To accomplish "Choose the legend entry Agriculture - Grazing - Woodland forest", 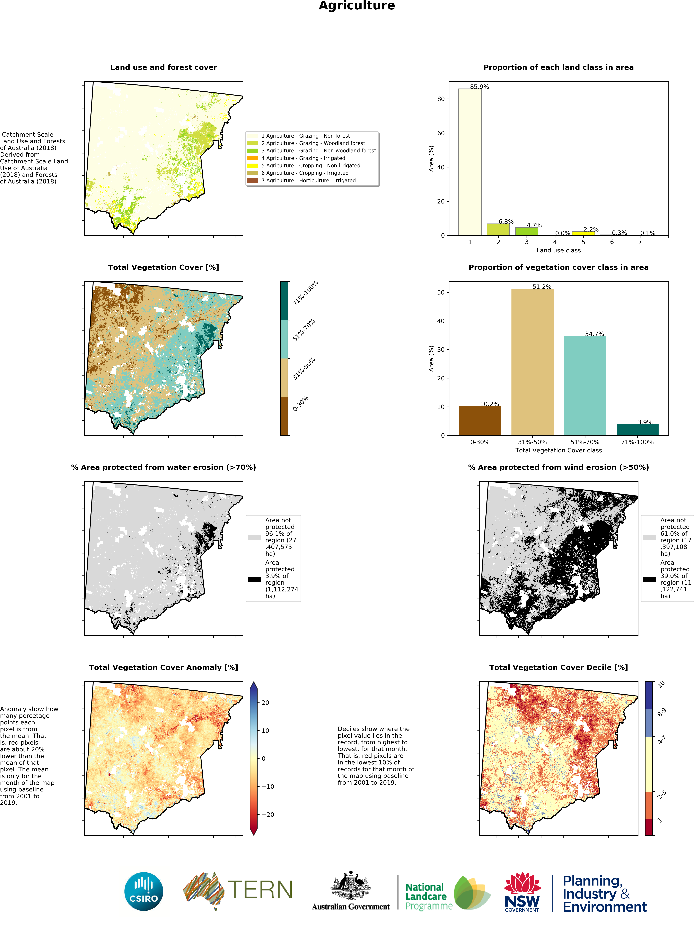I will [313, 143].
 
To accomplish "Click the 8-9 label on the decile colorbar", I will [661, 712].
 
